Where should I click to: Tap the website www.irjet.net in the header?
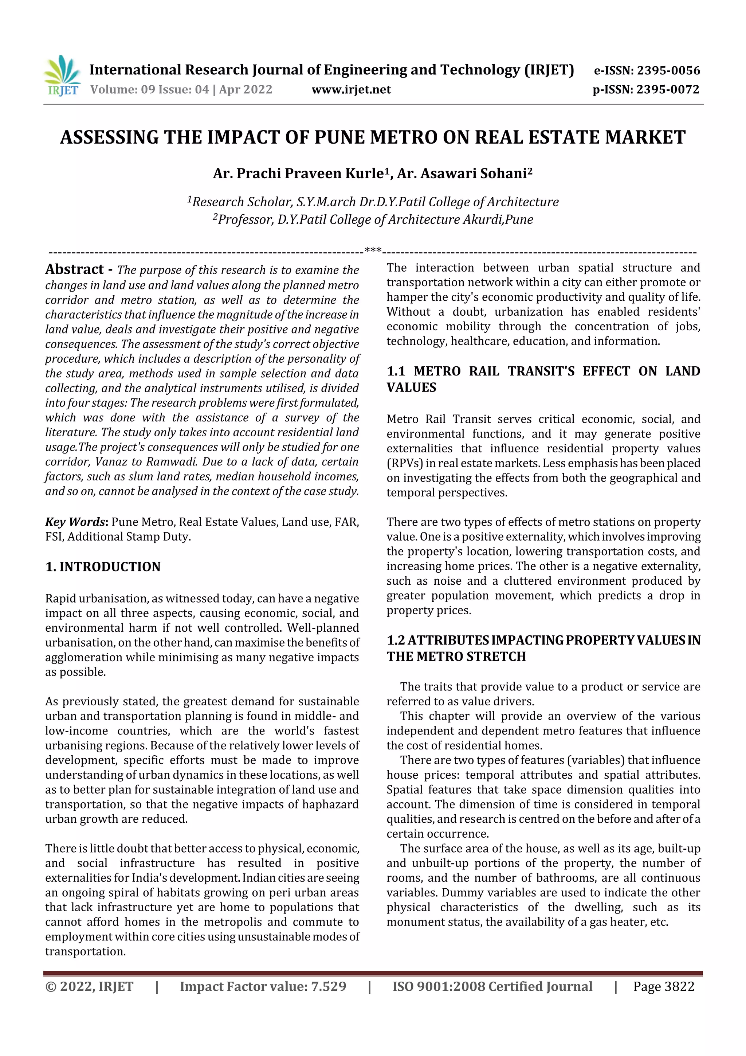[351, 90]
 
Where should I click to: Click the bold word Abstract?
[74, 269]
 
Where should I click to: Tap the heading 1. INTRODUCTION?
[103, 566]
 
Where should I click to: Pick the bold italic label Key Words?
[75, 522]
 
